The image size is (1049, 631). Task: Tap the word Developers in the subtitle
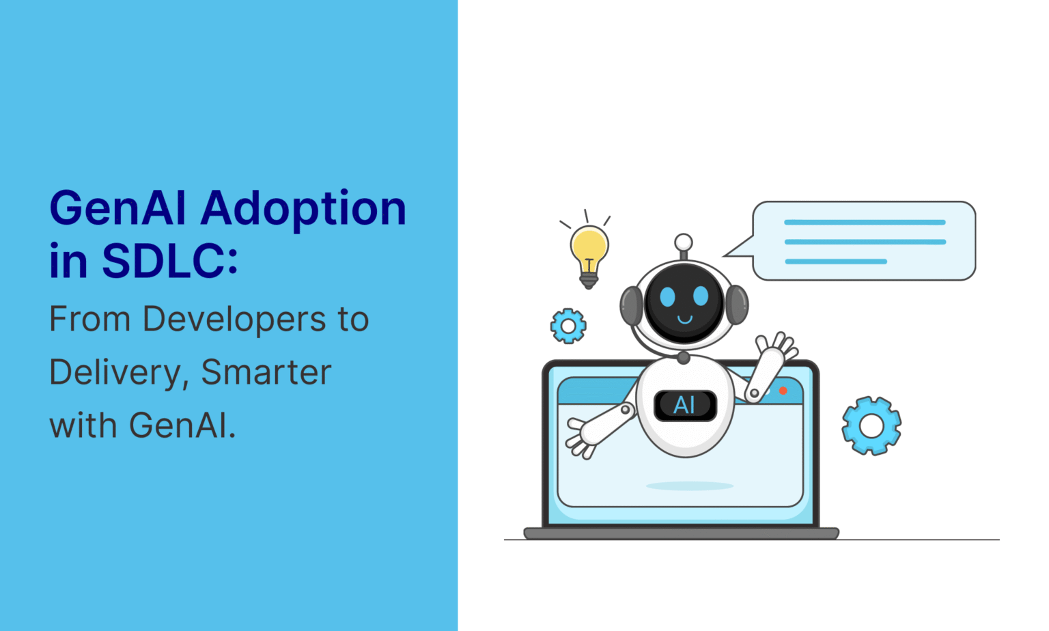(x=234, y=320)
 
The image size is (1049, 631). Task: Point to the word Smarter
(x=266, y=373)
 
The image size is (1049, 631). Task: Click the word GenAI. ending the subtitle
(x=182, y=425)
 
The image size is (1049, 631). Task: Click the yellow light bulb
(x=589, y=249)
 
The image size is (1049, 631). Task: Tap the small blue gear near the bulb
(x=568, y=326)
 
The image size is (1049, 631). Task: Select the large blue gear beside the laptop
(x=871, y=425)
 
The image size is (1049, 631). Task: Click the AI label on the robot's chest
(x=685, y=406)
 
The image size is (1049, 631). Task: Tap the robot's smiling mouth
(x=684, y=319)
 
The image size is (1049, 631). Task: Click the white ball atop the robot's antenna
(x=683, y=242)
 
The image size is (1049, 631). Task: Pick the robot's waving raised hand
(x=777, y=349)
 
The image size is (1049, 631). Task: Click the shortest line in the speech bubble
(x=836, y=262)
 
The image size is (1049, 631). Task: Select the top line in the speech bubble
(x=865, y=222)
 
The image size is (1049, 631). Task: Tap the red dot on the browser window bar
(x=783, y=391)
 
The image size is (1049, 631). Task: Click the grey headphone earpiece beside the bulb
(x=630, y=305)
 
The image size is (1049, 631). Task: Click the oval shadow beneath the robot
(x=689, y=486)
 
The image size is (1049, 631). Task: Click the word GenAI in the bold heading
(x=117, y=209)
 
